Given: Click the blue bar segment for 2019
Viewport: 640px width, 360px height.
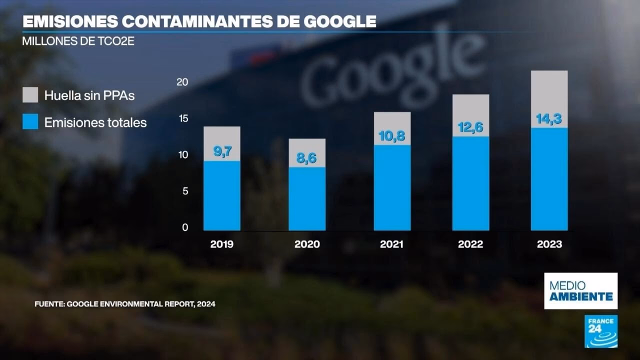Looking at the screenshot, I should [x=221, y=195].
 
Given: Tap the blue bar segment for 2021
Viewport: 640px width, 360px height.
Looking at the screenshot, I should [x=392, y=187].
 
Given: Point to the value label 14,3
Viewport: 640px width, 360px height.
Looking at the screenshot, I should [x=549, y=119].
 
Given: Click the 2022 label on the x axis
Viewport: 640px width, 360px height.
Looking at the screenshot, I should [x=470, y=244].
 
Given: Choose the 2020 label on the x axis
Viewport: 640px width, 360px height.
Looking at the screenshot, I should [x=307, y=244].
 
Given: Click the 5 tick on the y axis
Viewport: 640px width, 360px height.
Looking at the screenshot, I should [x=184, y=191].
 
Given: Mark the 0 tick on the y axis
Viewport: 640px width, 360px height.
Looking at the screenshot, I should [x=184, y=228].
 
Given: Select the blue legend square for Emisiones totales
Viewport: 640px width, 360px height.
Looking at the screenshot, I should [x=30, y=122].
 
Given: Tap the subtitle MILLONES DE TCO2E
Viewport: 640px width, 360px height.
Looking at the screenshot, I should [x=78, y=41].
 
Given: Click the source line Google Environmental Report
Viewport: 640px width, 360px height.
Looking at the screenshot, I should [x=125, y=303].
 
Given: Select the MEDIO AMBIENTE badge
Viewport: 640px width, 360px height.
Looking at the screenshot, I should [x=580, y=291].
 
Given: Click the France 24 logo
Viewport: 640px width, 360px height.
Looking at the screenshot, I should [x=601, y=331].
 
